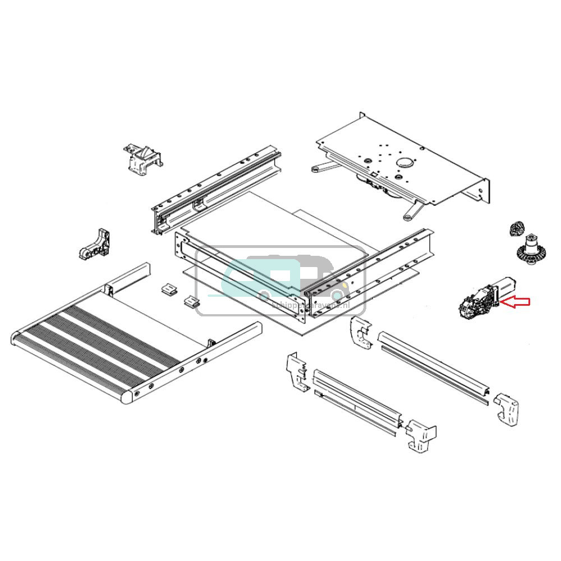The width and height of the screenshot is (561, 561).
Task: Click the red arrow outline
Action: pos(515,303)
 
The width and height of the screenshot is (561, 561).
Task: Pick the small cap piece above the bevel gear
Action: pos(515,229)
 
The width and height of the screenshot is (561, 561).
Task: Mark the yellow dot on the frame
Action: pos(338,283)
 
